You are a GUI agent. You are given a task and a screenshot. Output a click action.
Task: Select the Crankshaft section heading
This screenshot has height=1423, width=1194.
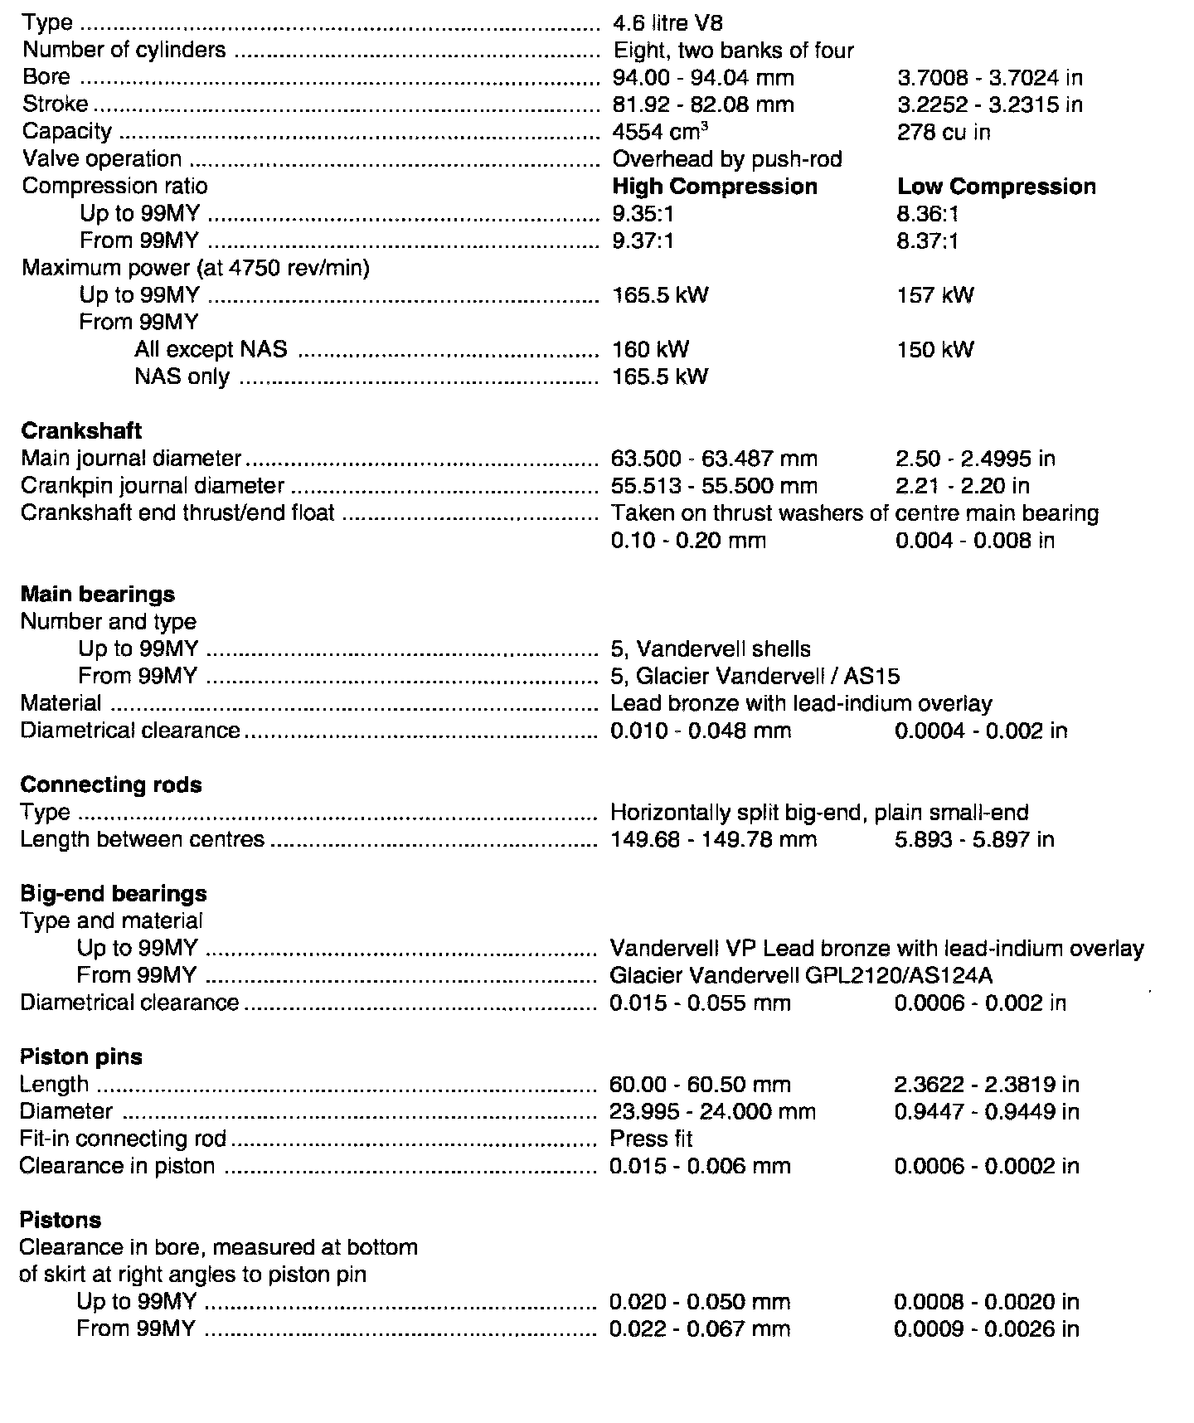tap(81, 431)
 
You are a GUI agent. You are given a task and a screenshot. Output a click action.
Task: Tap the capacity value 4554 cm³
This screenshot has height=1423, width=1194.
tap(660, 132)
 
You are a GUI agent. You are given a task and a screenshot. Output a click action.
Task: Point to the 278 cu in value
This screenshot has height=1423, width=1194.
tap(944, 133)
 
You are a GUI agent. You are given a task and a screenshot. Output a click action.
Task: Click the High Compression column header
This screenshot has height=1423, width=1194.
tap(715, 187)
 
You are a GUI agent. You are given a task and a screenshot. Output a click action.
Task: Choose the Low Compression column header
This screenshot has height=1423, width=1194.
tap(997, 187)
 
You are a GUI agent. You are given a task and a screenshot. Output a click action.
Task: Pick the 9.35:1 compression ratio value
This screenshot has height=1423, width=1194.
tap(643, 214)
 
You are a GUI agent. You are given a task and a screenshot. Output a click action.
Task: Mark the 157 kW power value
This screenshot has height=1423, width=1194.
tap(935, 295)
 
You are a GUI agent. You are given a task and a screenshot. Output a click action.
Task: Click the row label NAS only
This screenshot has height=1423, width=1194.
tap(182, 376)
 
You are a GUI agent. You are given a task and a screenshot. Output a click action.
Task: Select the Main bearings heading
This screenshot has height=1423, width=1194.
tap(98, 595)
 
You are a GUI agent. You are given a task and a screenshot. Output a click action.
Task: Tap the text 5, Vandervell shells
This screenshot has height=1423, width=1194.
tap(711, 649)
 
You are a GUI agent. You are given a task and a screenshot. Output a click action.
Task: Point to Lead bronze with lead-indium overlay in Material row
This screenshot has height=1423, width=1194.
tap(801, 704)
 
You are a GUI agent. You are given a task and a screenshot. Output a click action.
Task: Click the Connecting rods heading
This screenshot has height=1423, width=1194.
tap(111, 785)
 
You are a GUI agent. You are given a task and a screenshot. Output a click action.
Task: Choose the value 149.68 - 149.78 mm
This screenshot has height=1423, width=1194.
tap(713, 840)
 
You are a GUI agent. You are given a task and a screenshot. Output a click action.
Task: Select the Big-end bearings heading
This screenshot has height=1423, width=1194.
tap(114, 894)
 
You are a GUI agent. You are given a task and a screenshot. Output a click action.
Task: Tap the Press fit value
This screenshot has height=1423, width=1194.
tap(651, 1139)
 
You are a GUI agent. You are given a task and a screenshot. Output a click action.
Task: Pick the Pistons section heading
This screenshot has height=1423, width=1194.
tap(60, 1221)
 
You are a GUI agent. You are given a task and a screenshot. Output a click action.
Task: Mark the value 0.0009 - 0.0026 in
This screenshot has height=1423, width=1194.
tap(986, 1329)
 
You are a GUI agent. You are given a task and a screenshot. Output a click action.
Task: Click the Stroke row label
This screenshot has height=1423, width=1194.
tap(55, 104)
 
